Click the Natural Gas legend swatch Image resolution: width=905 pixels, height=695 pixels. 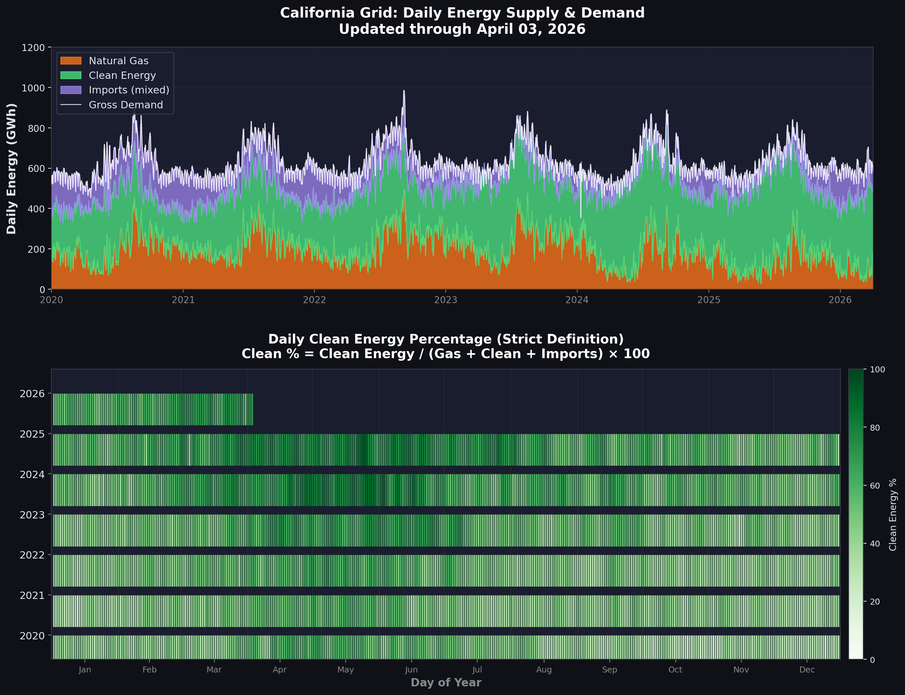(71, 61)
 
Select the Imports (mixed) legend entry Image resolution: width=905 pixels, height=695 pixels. (129, 90)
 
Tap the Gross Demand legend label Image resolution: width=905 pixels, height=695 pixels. (126, 105)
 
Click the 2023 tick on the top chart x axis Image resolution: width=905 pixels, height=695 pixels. (446, 300)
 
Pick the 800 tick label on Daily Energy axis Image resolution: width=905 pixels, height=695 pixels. (36, 128)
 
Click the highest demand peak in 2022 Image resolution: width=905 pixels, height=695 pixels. (404, 91)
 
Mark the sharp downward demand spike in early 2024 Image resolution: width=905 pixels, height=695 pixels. (581, 215)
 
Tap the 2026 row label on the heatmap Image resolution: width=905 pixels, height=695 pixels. (32, 394)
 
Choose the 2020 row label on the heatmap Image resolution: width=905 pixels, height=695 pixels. (32, 636)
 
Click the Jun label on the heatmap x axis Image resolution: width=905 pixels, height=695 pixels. (411, 670)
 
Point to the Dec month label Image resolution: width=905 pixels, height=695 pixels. (807, 670)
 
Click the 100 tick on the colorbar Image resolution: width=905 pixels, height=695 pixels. (877, 369)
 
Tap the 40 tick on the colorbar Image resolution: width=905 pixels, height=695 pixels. (875, 544)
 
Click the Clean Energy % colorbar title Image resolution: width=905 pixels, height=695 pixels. (893, 514)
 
